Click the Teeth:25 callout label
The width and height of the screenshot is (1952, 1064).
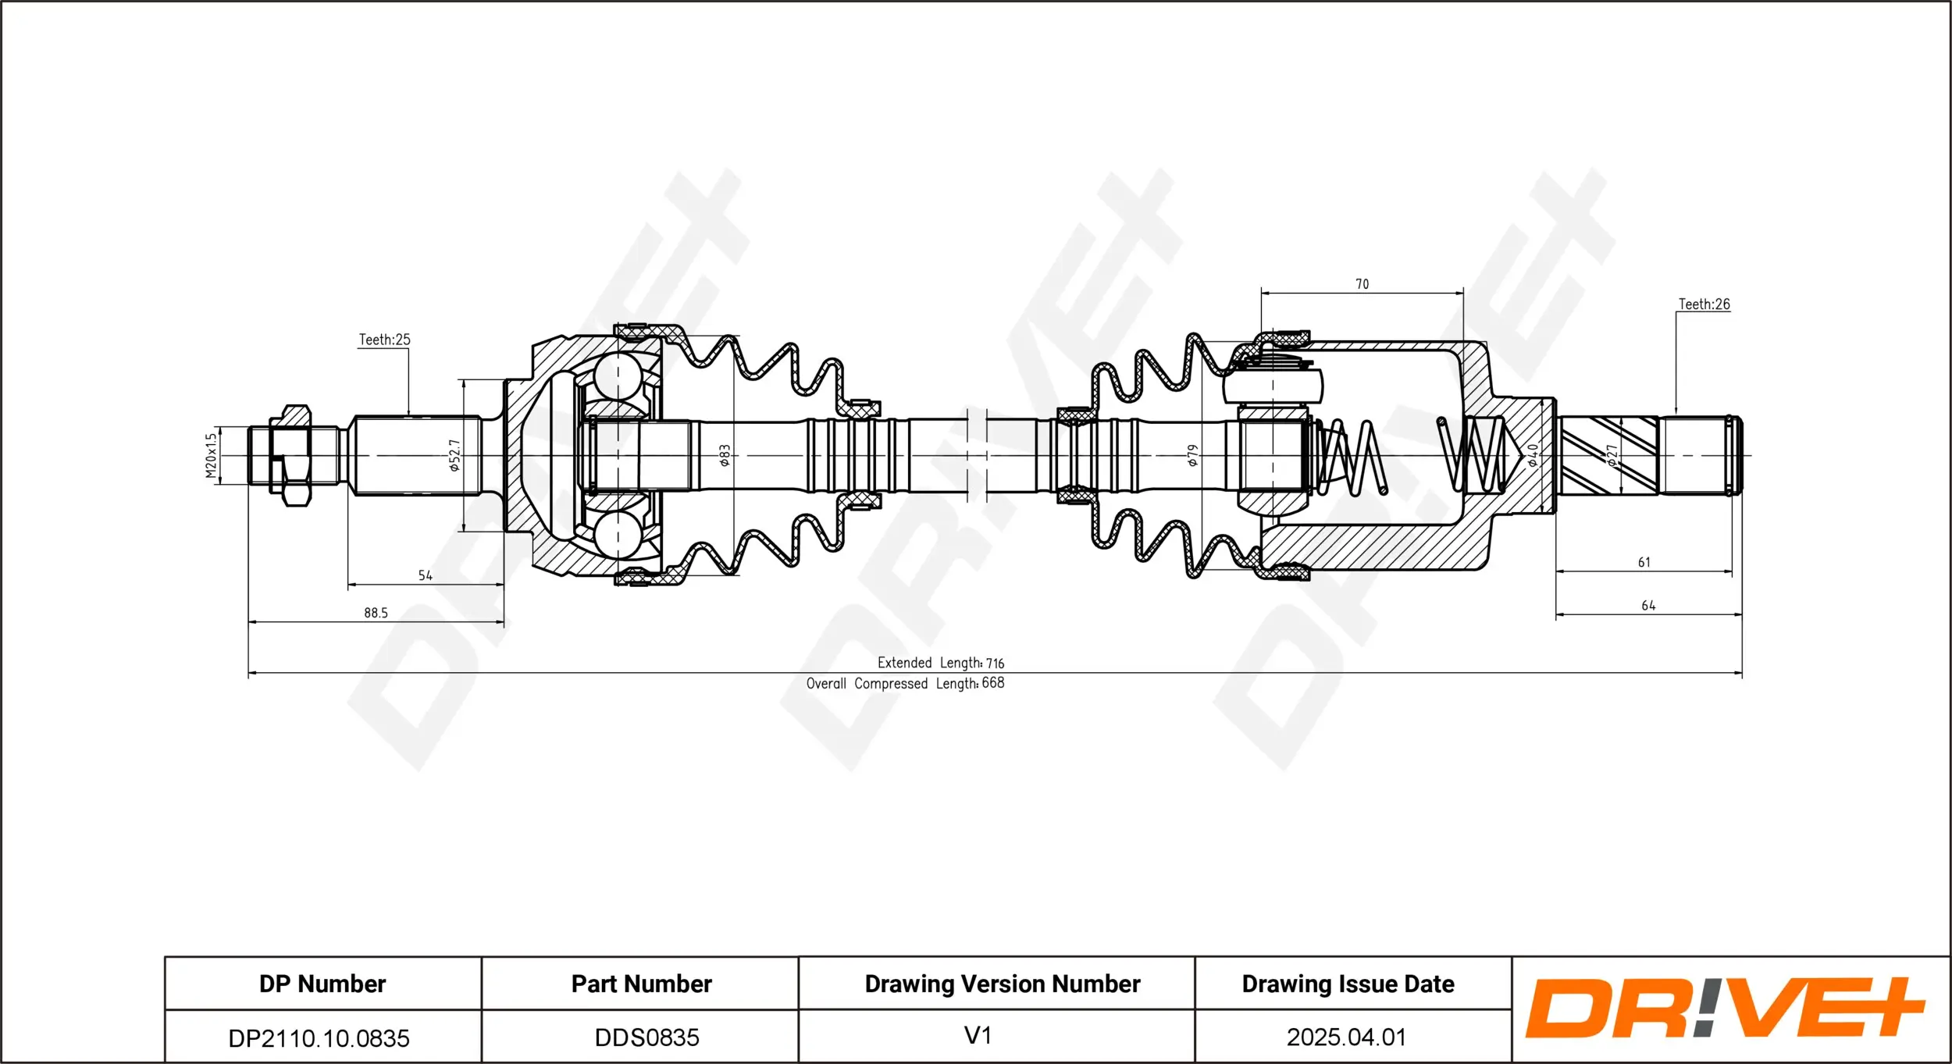[x=384, y=340]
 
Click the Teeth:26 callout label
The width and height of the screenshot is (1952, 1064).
[x=1704, y=304]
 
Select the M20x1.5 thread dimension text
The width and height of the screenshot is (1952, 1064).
[x=210, y=456]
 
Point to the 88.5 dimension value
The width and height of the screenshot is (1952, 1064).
[x=376, y=613]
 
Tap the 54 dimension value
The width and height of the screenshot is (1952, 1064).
[x=425, y=575]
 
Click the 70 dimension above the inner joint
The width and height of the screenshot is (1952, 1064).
[x=1362, y=284]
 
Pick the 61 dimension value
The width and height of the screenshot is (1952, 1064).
[x=1644, y=562]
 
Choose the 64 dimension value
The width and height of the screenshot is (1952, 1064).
[x=1648, y=606]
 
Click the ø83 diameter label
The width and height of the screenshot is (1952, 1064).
[x=724, y=456]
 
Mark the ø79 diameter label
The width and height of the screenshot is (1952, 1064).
[x=1192, y=456]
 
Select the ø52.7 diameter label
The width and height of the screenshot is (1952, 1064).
[x=454, y=456]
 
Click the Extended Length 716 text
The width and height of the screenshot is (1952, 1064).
[x=940, y=663]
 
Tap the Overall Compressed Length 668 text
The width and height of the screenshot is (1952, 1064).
[x=905, y=683]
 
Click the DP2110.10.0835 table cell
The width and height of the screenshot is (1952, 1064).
[x=319, y=1037]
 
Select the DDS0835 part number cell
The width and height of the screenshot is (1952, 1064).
[x=647, y=1037]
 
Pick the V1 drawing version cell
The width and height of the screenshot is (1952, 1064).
[x=978, y=1035]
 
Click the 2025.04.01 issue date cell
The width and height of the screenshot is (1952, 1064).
[x=1346, y=1037]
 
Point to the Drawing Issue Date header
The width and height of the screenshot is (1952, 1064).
[x=1348, y=984]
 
